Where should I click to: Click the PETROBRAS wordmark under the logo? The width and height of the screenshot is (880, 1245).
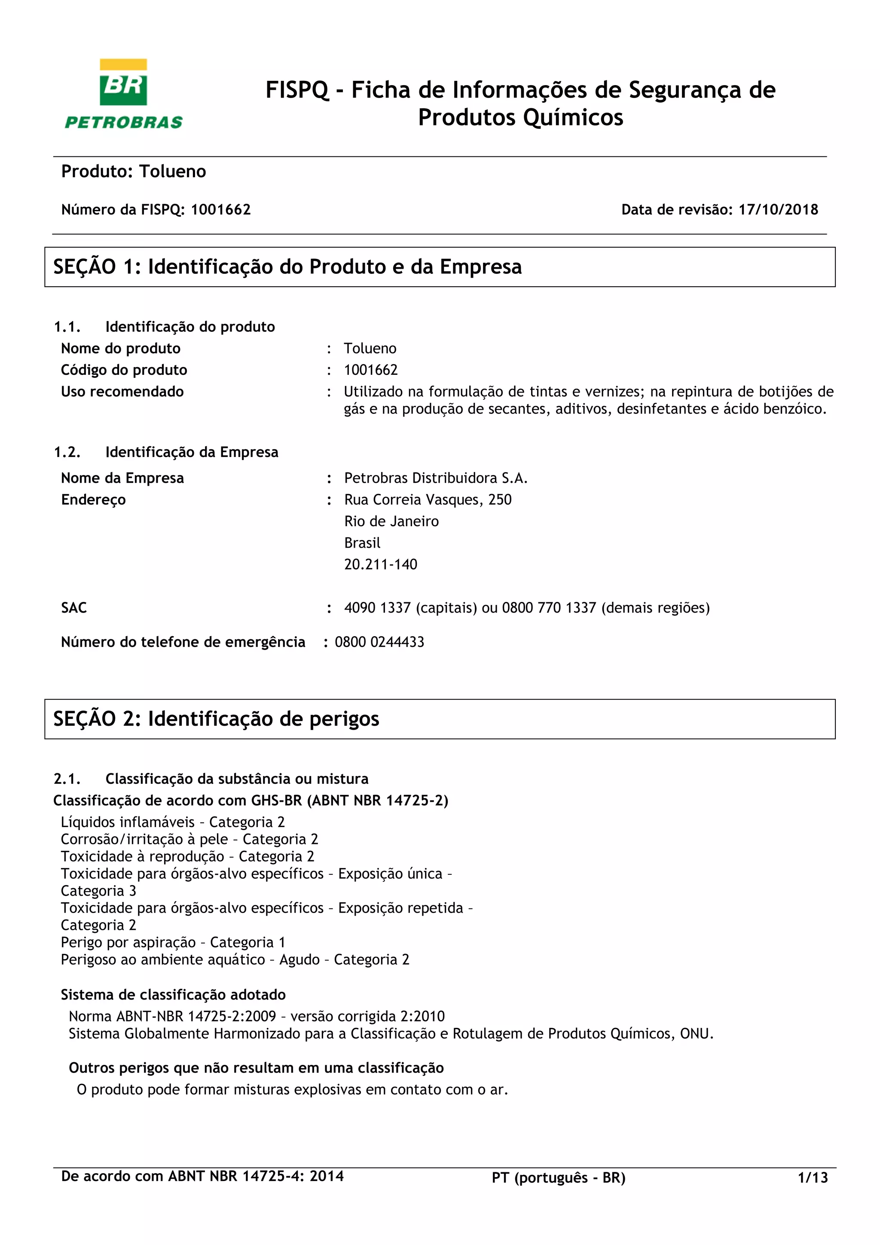click(x=124, y=123)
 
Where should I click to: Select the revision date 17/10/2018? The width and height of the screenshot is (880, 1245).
click(x=778, y=210)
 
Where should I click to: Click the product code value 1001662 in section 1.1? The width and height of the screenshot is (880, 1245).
click(x=371, y=370)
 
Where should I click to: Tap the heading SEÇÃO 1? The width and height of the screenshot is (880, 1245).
click(x=287, y=267)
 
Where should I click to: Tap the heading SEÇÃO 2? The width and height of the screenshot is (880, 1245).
click(x=216, y=719)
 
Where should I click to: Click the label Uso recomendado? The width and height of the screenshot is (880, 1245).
click(x=122, y=392)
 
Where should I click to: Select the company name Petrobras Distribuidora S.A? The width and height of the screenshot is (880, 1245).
click(x=436, y=478)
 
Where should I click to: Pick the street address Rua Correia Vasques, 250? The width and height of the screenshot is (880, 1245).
click(x=428, y=500)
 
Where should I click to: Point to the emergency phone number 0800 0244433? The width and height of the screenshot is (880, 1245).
click(x=379, y=642)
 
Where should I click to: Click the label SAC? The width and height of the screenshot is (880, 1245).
click(x=74, y=608)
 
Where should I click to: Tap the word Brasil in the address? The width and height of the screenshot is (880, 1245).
click(x=362, y=543)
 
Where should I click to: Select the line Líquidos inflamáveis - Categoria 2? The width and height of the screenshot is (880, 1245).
click(x=173, y=822)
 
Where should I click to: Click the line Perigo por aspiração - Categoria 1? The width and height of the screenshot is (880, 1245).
click(x=173, y=942)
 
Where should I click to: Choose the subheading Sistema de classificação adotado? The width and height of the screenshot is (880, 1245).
click(x=173, y=994)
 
